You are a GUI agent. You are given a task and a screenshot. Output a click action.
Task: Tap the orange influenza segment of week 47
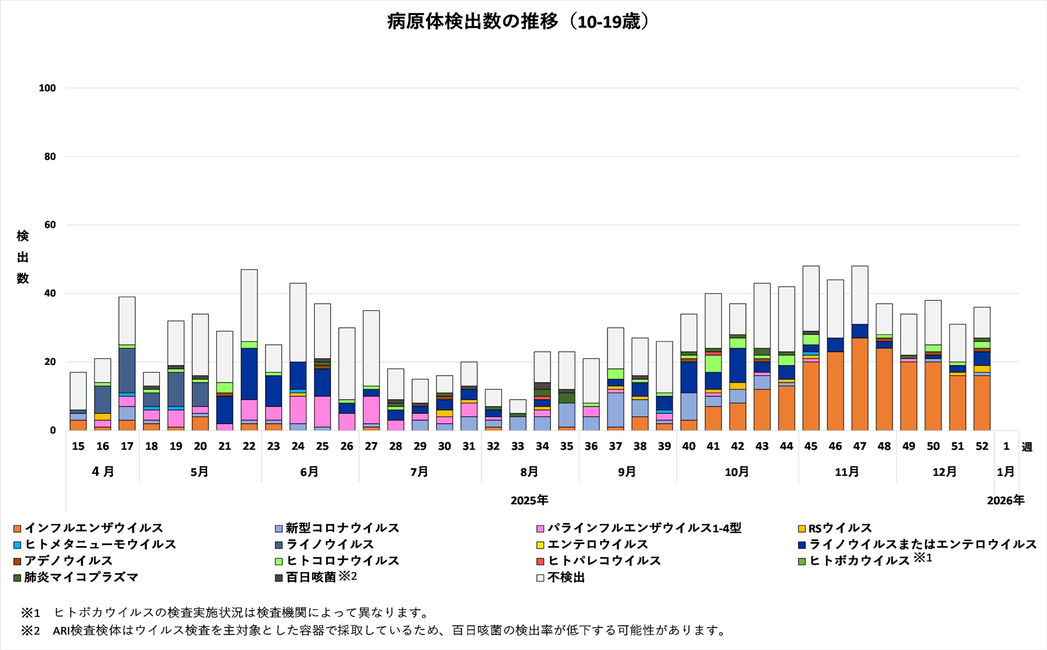click(x=859, y=384)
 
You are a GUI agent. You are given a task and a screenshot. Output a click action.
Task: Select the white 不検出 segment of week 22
click(x=249, y=305)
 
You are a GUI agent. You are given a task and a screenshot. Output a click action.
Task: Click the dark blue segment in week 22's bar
click(x=249, y=374)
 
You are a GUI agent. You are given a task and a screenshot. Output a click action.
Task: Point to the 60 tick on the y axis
click(x=50, y=225)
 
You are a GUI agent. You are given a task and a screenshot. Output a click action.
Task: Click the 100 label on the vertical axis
click(x=47, y=88)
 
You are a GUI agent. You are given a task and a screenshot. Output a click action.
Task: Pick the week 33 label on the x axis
click(x=517, y=446)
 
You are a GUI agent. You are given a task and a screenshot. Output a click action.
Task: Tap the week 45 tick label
click(x=811, y=446)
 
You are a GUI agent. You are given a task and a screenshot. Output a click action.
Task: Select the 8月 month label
click(x=529, y=472)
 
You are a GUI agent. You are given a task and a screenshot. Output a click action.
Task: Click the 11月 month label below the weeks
click(x=847, y=472)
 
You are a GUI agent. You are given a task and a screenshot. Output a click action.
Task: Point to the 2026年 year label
click(x=1005, y=501)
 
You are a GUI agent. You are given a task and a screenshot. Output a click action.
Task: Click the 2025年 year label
click(x=529, y=501)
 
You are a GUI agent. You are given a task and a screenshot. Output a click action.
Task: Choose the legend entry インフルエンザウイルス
click(x=89, y=528)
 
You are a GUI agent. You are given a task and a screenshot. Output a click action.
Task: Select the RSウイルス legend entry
click(x=835, y=528)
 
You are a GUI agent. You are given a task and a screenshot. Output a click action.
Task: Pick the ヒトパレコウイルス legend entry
click(x=599, y=561)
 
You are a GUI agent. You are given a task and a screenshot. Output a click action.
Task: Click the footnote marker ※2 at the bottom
click(x=30, y=631)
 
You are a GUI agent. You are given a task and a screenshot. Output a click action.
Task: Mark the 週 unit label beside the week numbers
click(x=1027, y=447)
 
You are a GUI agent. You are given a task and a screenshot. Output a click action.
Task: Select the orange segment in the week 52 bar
click(x=982, y=403)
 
